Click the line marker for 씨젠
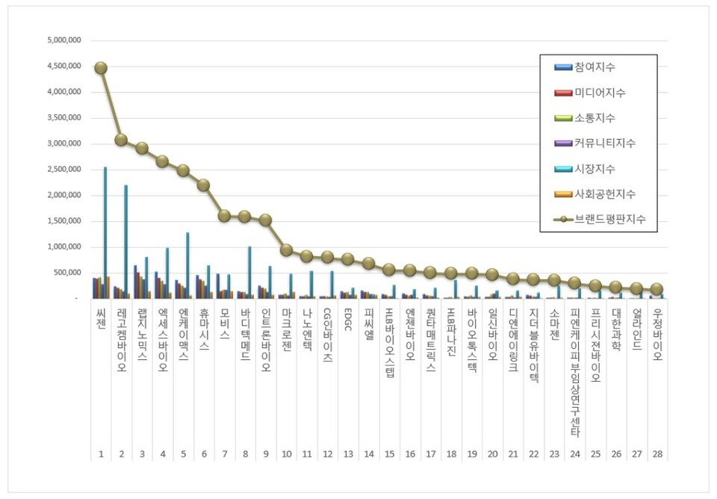coord(100,68)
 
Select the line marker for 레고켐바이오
coord(121,140)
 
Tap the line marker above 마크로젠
coord(286,250)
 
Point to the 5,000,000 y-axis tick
coord(63,40)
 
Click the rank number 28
coord(657,454)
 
